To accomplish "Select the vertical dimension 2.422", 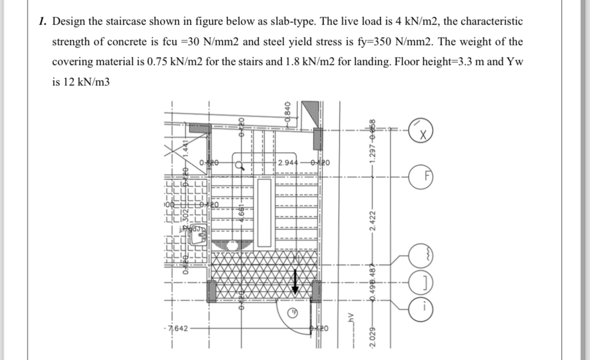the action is [x=372, y=226].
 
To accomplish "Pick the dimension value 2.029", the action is [x=372, y=341].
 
